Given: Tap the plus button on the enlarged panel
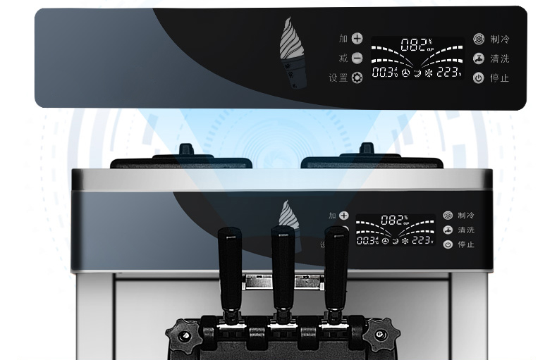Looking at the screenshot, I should click(357, 39).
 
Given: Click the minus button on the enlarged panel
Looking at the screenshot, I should click(357, 58).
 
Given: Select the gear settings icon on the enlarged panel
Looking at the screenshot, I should click(357, 78).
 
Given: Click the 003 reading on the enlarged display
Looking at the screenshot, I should click(384, 73).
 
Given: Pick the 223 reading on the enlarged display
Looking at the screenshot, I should click(449, 73).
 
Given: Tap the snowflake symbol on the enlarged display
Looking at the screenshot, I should click(428, 73).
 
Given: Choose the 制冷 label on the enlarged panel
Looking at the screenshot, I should click(500, 40).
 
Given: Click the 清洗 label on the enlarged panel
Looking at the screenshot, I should click(500, 59).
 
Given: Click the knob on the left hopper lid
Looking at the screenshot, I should click(187, 150).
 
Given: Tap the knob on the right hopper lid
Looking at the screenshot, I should click(366, 150).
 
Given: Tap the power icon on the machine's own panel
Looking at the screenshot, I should click(448, 244).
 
